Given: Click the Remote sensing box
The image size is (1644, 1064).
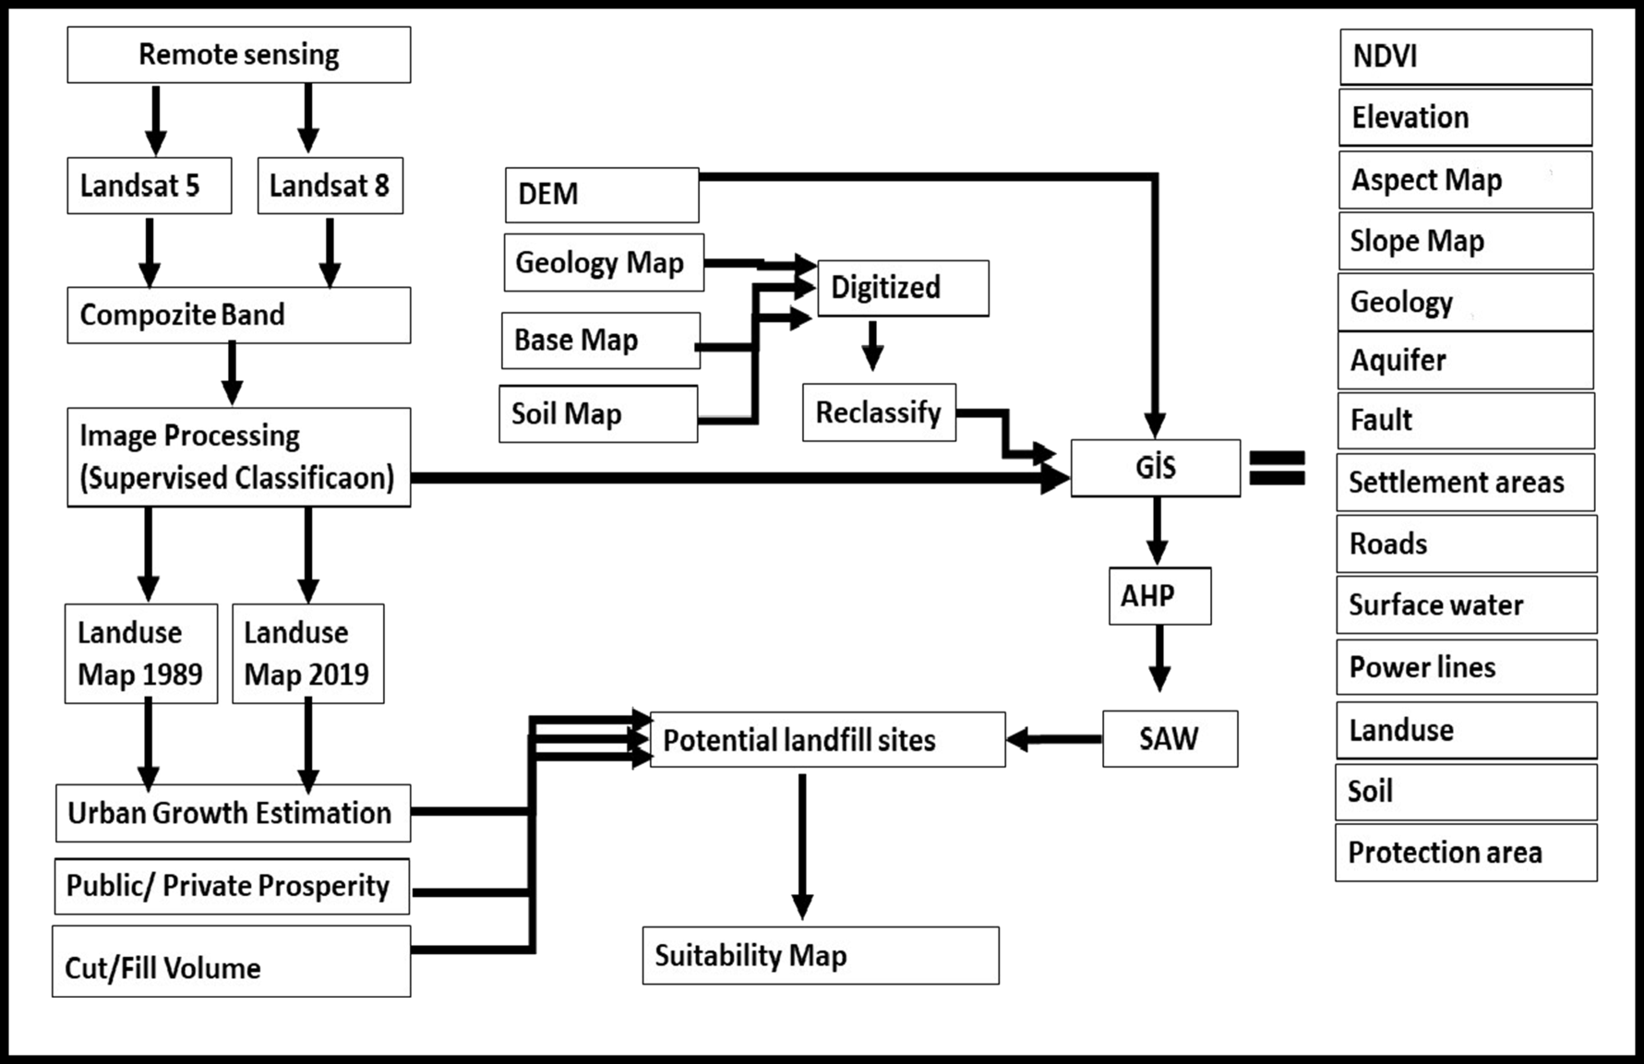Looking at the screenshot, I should [239, 55].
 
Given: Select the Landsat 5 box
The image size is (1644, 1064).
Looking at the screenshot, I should [150, 185].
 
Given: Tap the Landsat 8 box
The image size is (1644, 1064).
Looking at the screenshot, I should [330, 185].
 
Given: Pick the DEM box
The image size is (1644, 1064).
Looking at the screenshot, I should [602, 195].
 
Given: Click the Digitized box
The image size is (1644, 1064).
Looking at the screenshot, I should [903, 288].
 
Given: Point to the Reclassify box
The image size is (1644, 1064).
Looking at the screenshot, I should [879, 412].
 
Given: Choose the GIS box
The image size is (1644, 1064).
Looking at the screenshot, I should [1156, 468].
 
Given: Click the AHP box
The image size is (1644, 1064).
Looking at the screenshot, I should [1159, 596].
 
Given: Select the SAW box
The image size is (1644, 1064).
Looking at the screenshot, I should [1170, 739].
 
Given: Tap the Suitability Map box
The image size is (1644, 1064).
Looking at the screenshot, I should [821, 955].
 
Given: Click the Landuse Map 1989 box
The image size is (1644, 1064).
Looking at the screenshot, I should [141, 653].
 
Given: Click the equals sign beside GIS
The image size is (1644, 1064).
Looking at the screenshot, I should [1277, 468].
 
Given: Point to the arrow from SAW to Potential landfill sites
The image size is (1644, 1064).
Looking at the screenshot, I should [1054, 739].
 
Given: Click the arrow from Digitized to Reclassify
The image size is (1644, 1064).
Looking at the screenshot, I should [872, 346].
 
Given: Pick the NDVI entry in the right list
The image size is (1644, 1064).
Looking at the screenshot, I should [1466, 57].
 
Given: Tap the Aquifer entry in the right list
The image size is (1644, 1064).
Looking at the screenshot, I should [1466, 361].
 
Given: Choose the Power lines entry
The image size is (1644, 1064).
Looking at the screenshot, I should [1467, 667].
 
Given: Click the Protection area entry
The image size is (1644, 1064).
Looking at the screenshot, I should [1466, 853].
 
